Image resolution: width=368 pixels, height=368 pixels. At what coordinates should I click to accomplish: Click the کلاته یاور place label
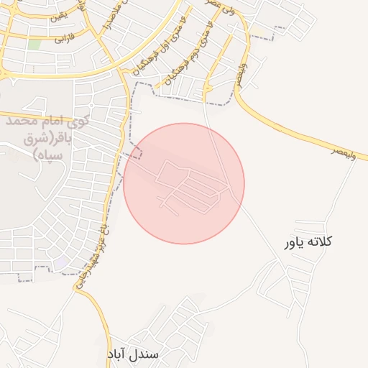coord(309,243)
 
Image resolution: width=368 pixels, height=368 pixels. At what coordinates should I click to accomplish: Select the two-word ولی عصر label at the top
coord(221,9)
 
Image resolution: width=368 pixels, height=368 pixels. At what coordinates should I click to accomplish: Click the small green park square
coord(34,45)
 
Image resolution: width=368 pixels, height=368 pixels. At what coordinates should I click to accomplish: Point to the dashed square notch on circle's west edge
coord(136,153)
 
